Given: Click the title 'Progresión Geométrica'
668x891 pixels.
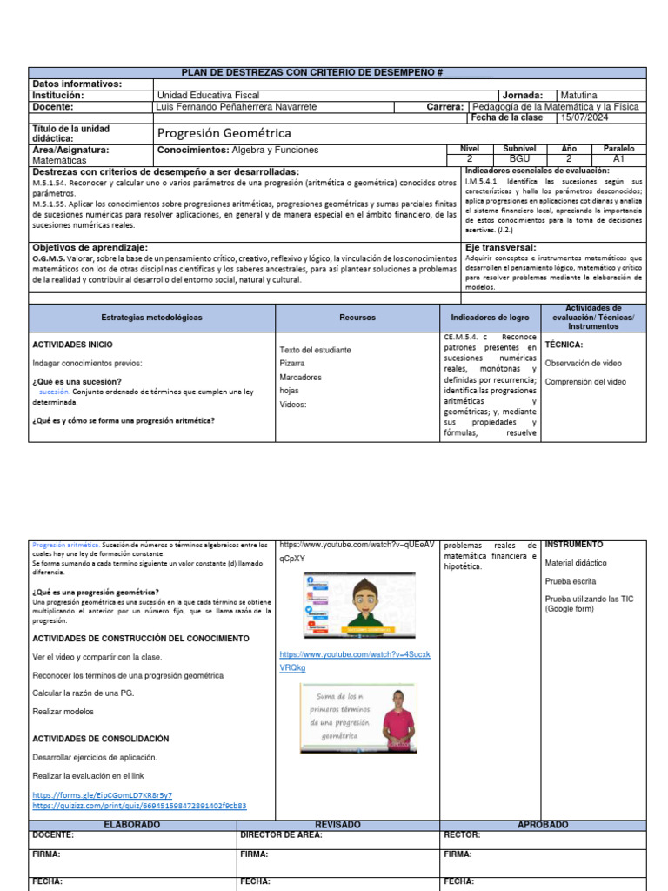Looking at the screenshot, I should pos(224,133).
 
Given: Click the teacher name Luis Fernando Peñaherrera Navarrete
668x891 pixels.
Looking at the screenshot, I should pos(235,107).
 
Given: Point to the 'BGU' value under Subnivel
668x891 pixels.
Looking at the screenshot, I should pos(519,159).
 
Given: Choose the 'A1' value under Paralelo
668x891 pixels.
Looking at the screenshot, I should pos(618,159).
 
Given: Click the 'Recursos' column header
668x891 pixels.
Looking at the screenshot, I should pos(357,318).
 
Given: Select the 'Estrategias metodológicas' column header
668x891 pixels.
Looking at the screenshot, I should pos(151,318).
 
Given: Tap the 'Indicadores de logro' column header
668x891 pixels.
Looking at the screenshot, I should pos(490,318).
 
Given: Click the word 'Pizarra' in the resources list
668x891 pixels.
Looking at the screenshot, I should pos(292,364).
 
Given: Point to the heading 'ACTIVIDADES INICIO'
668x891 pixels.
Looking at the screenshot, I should pos(72,345).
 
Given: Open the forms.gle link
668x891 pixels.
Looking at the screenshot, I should pos(102,795).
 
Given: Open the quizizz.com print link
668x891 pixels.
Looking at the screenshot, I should pos(139,806).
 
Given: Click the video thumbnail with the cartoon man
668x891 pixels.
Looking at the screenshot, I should pos(358,605).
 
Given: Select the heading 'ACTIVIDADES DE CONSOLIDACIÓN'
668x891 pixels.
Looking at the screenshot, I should pos(101,739).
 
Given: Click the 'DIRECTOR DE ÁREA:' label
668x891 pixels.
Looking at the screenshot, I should pos(281,834).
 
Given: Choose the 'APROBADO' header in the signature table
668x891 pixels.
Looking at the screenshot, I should pos(543,824).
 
